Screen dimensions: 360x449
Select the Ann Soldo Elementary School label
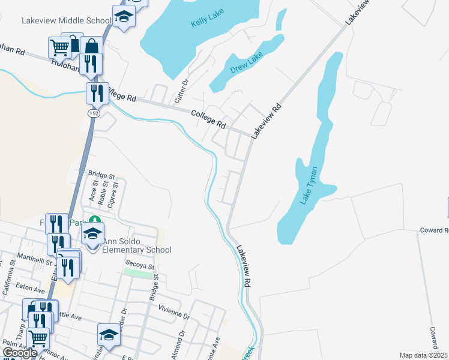click(137, 246)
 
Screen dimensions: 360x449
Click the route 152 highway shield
click(93, 112)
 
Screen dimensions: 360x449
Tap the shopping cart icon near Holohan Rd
click(59, 47)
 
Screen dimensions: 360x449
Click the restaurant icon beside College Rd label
click(97, 92)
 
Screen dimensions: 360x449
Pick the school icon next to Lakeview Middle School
click(124, 16)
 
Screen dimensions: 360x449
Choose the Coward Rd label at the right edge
click(433, 230)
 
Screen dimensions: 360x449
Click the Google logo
click(20, 353)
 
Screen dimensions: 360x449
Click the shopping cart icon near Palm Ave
click(39, 338)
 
